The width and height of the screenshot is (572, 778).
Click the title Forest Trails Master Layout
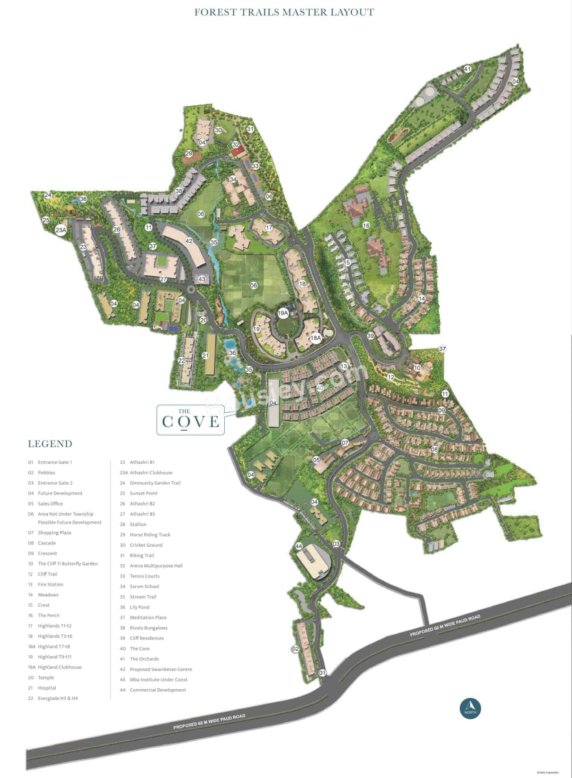click(x=284, y=12)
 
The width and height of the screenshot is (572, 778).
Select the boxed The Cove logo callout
click(x=191, y=420)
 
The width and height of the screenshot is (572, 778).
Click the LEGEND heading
click(x=50, y=444)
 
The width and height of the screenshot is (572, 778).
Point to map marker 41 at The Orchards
click(x=467, y=69)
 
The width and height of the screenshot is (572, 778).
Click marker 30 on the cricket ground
click(x=218, y=130)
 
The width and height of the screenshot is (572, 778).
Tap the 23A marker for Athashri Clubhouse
click(x=61, y=230)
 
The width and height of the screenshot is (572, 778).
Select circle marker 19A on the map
click(x=283, y=313)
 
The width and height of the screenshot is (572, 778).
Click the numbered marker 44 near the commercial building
click(x=299, y=546)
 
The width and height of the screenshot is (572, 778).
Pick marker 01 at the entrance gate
click(x=322, y=673)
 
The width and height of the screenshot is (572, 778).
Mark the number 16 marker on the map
click(x=366, y=225)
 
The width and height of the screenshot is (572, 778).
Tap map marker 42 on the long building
click(x=189, y=241)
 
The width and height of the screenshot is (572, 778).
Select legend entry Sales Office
click(x=50, y=503)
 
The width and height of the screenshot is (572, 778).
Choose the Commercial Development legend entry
click(x=158, y=690)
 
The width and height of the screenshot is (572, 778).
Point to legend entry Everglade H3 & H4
click(x=58, y=698)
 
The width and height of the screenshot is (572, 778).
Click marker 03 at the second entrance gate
click(x=336, y=544)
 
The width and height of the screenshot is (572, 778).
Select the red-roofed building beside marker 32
click(x=238, y=151)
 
